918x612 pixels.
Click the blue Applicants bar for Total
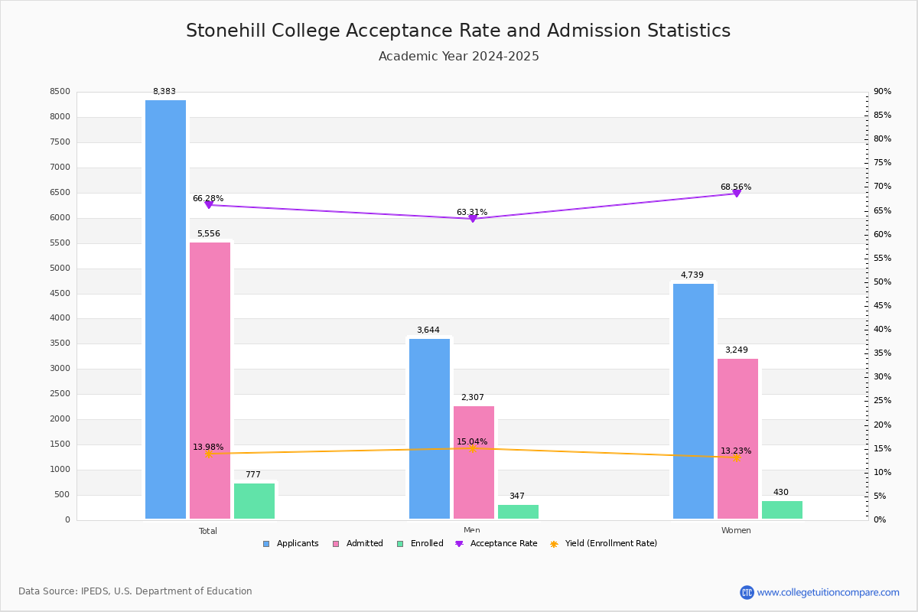pos(165,309)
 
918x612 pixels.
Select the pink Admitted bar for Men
pos(474,462)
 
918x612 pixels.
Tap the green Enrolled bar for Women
pos(782,509)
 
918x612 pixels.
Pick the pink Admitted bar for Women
pos(737,438)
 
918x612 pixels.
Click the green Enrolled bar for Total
pos(254,500)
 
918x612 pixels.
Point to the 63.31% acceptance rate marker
pos(473,219)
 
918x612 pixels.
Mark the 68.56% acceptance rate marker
pos(737,193)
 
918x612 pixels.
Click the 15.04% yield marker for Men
pos(473,448)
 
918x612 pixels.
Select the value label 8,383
pos(164,92)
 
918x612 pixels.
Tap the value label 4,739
pos(692,275)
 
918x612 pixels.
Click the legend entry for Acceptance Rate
pos(496,544)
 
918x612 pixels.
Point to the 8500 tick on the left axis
pos(60,92)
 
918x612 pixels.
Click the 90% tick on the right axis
pos(882,92)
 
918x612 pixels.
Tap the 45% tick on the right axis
pos(882,306)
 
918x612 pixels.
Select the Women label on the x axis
pos(736,531)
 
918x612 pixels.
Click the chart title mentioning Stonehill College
pos(458,31)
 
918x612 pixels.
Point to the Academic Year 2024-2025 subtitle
pos(458,57)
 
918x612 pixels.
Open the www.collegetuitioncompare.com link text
pos(828,592)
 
